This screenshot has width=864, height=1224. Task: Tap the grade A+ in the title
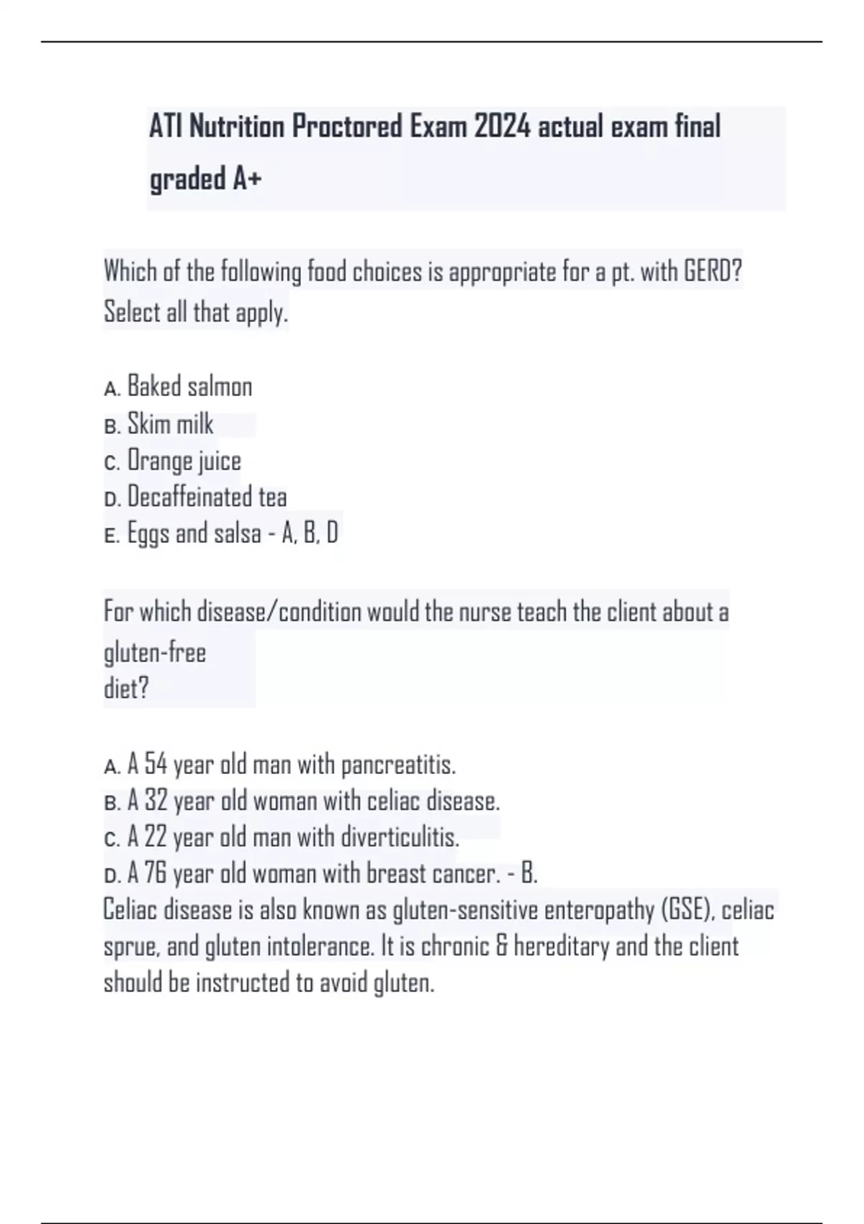click(x=246, y=179)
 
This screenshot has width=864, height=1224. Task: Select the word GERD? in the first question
click(x=712, y=272)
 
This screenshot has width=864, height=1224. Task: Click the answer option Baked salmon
click(x=189, y=387)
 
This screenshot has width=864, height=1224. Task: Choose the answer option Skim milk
click(x=170, y=424)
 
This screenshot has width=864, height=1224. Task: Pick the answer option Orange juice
click(x=184, y=461)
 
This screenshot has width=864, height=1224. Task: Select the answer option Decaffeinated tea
click(x=207, y=497)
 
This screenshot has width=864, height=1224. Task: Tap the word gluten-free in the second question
click(x=155, y=653)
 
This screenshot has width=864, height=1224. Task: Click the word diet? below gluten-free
click(x=126, y=689)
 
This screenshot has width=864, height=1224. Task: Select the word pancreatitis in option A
click(x=398, y=765)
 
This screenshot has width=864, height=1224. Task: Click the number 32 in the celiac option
click(x=156, y=801)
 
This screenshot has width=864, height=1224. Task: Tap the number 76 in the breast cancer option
click(x=156, y=873)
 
